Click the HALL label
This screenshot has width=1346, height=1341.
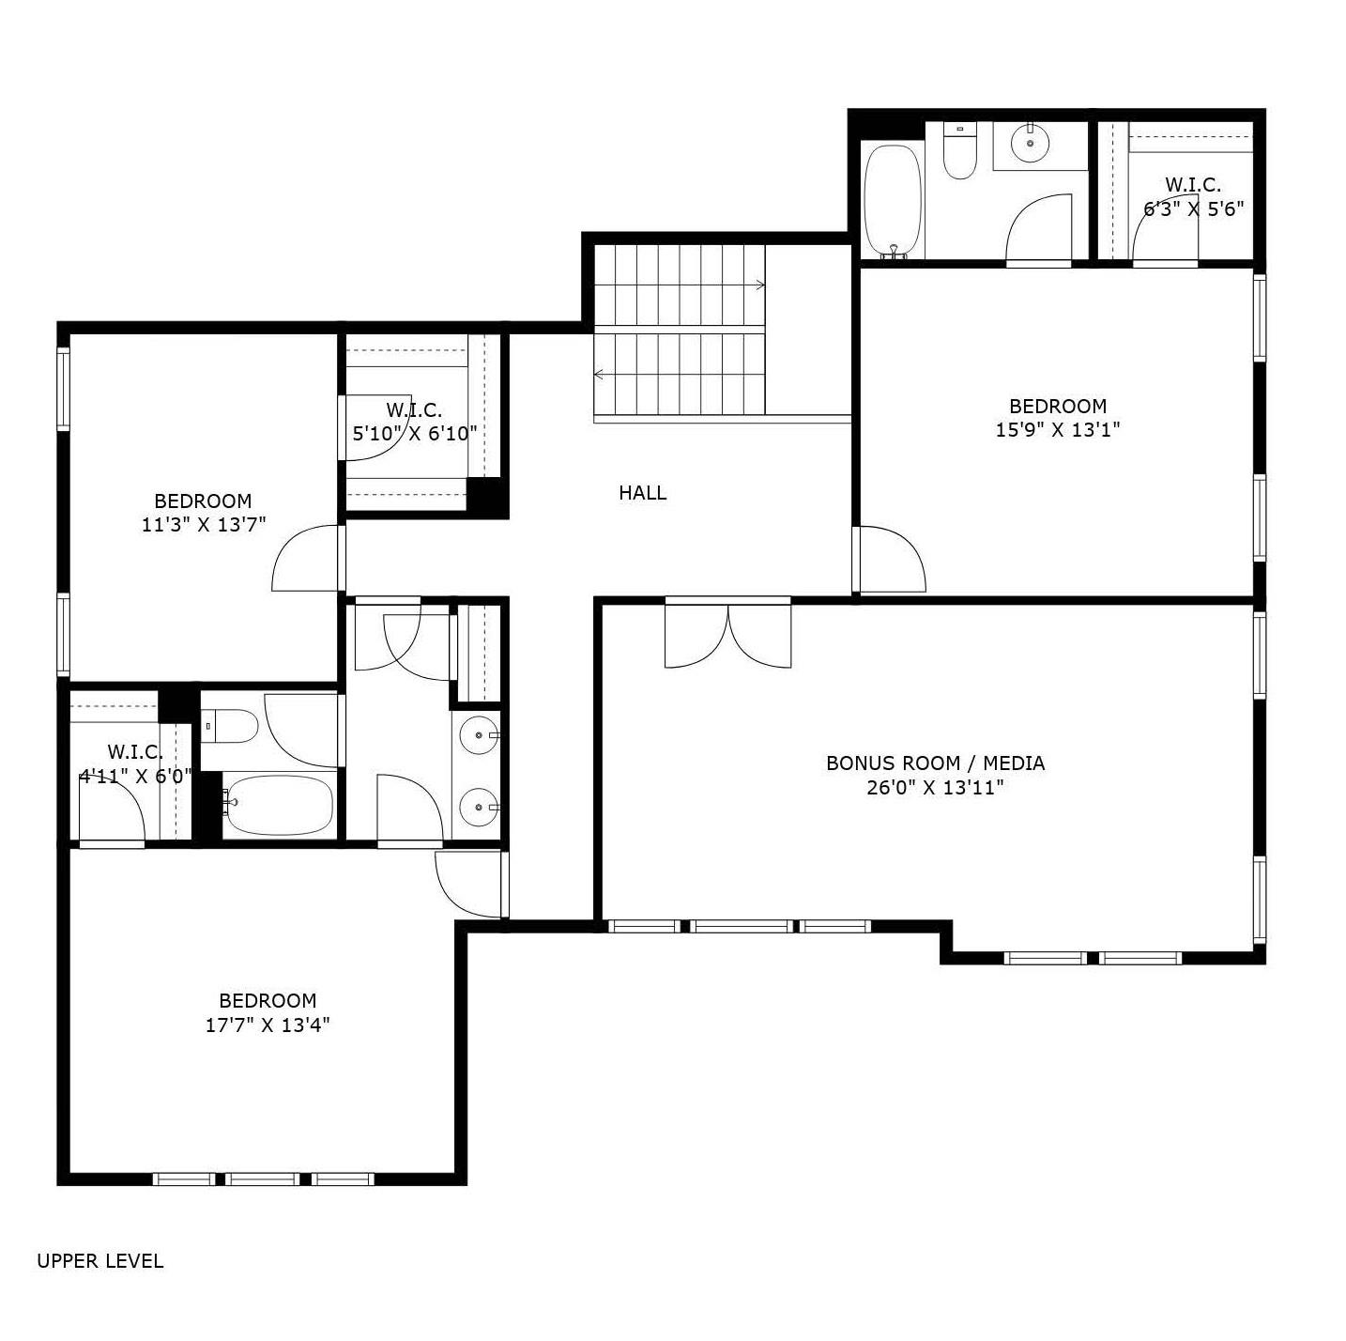(x=642, y=493)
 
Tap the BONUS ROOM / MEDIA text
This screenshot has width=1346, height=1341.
(x=935, y=763)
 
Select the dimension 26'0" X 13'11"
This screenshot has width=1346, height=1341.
(x=935, y=788)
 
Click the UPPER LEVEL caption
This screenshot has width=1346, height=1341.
(x=99, y=1261)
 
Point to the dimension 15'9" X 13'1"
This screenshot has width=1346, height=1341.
(x=1058, y=430)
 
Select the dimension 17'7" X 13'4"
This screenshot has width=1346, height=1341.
(x=268, y=1025)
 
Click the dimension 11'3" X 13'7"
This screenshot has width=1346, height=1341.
(x=204, y=525)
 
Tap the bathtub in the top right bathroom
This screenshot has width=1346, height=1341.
(x=892, y=200)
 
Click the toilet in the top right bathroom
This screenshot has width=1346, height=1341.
(x=959, y=152)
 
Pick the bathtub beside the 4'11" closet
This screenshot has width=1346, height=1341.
(x=279, y=805)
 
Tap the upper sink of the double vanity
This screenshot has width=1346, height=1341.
(x=479, y=735)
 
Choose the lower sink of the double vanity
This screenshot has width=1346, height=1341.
(x=479, y=806)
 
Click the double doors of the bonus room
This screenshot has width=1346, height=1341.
(x=727, y=634)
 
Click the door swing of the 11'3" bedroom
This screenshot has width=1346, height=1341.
(x=305, y=559)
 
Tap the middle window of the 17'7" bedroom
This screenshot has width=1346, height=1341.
(x=263, y=1179)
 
